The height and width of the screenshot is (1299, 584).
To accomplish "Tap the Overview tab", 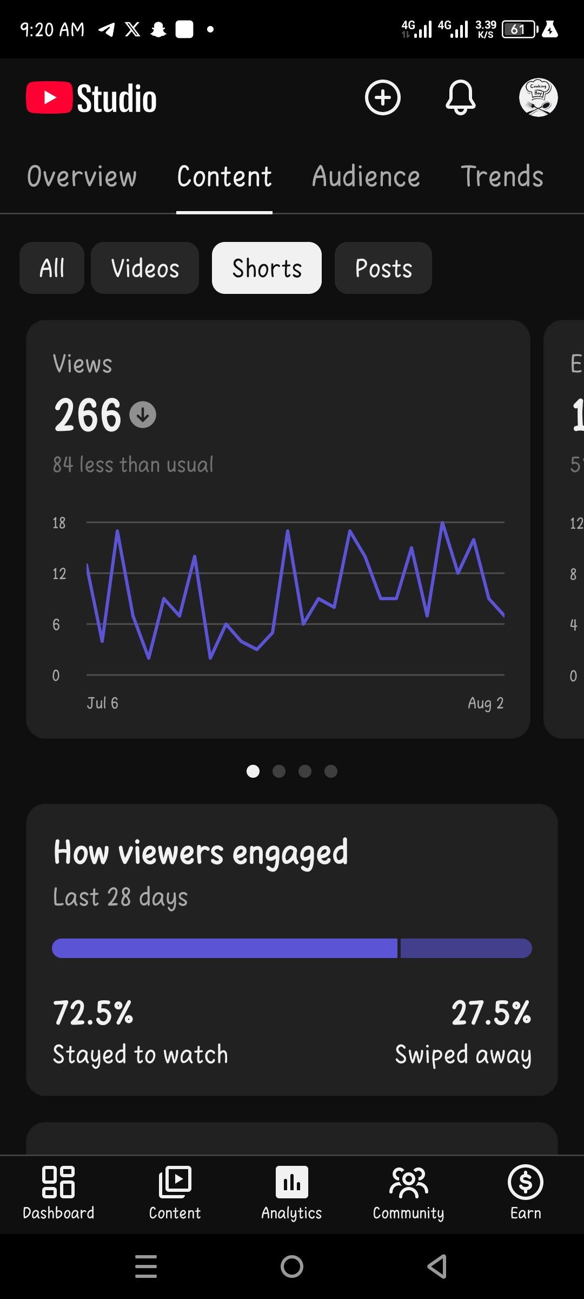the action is (x=82, y=176).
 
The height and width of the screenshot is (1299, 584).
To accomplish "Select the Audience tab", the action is (x=366, y=176).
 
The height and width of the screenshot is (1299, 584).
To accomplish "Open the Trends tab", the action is (x=502, y=176).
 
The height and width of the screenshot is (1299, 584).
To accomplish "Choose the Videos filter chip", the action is (x=145, y=268).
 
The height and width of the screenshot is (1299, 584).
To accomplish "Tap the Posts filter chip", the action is (x=383, y=268).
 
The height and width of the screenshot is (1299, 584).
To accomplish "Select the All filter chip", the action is (x=52, y=268).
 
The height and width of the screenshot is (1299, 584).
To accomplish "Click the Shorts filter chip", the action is (x=267, y=268).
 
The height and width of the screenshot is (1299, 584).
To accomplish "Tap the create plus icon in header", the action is (x=383, y=97).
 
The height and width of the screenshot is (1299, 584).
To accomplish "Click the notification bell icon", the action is (x=461, y=97).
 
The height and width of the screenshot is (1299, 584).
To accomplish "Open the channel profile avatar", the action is (x=539, y=97).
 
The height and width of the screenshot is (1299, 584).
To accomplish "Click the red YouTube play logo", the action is (x=49, y=97).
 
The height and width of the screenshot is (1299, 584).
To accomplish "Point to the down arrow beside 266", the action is (x=143, y=415).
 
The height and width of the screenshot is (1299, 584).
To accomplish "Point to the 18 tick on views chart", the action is (x=59, y=523).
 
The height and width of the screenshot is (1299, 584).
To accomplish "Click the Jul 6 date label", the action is (x=103, y=703).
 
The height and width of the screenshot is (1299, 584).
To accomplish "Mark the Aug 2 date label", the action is (x=486, y=703).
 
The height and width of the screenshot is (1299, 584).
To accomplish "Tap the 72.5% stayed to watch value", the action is (x=93, y=1013).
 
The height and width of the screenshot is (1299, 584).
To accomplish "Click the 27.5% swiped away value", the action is (x=492, y=1013).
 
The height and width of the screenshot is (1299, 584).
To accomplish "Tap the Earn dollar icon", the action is (x=526, y=1182).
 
